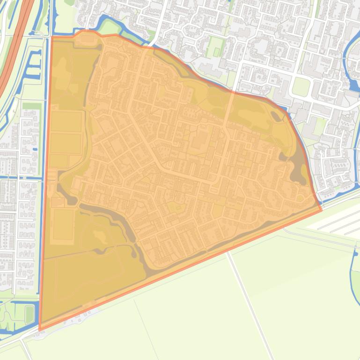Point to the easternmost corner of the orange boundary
(322, 210)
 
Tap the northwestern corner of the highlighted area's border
(51, 36)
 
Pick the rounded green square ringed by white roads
(301, 86)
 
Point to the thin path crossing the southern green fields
(248, 299)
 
